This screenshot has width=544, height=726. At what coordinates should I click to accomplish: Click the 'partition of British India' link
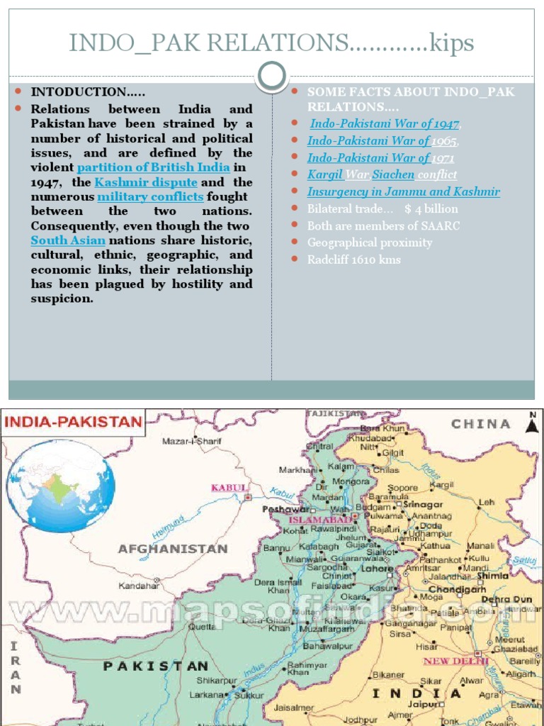pyautogui.click(x=153, y=167)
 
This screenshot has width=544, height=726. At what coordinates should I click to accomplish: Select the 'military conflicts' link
pyautogui.click(x=150, y=196)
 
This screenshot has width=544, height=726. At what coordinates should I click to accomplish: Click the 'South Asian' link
pyautogui.click(x=57, y=240)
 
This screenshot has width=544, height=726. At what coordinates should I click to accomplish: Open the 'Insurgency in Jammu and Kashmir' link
pyautogui.click(x=403, y=191)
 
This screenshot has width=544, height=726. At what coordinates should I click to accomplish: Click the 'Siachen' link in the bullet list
pyautogui.click(x=394, y=174)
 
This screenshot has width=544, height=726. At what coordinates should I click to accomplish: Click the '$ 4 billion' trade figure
pyautogui.click(x=431, y=208)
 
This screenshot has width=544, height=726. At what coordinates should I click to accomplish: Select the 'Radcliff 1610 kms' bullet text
pyautogui.click(x=354, y=259)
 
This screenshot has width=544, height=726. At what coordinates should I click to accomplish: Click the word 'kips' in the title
pyautogui.click(x=452, y=43)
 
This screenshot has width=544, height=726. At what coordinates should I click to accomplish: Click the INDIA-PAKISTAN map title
pyautogui.click(x=74, y=423)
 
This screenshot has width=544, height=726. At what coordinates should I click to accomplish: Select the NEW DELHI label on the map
pyautogui.click(x=455, y=661)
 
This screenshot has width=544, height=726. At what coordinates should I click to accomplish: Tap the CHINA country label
pyautogui.click(x=481, y=424)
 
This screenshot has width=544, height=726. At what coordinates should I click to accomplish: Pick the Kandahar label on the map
pyautogui.click(x=138, y=586)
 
